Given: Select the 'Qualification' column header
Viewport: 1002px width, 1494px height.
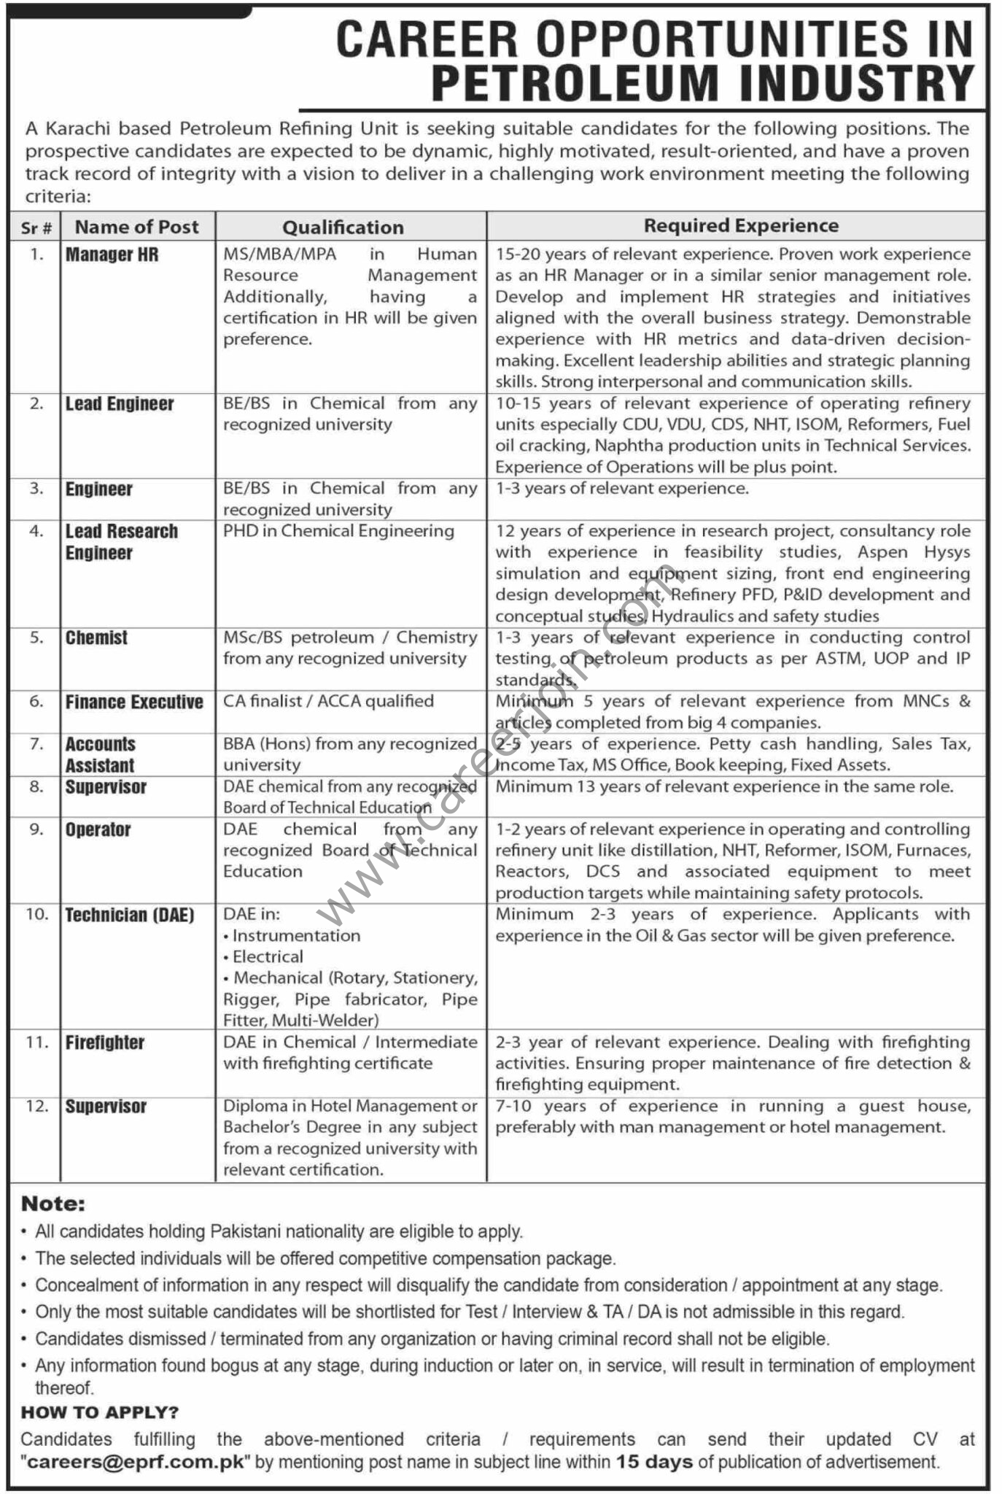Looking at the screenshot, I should point(343,228).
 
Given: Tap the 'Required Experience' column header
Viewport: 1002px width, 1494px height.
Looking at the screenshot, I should point(741,226).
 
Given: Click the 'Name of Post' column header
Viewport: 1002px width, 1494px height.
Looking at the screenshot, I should point(136,227).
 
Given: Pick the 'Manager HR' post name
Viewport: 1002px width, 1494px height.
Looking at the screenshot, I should point(112,255).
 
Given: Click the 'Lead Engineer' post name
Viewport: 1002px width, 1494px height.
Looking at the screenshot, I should point(120,404).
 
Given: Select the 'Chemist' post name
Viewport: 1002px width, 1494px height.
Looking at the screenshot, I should point(96,638).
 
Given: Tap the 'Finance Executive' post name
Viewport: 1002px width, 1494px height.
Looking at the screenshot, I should point(134,703).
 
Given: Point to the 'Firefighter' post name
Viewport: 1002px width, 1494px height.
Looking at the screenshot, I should point(105,1043).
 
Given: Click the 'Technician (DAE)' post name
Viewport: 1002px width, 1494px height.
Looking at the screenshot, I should point(130,916).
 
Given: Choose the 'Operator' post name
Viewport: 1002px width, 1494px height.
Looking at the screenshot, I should point(98,830).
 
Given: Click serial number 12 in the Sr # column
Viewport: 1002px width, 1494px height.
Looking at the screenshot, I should point(36,1107).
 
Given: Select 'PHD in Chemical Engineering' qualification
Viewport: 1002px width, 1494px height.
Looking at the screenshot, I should point(338,531).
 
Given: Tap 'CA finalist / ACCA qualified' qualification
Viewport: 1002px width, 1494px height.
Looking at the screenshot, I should point(328,702).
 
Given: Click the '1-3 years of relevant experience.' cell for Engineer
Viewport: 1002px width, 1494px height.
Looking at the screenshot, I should point(622,489).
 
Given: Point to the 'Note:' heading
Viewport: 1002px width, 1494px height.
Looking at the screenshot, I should point(53,1204).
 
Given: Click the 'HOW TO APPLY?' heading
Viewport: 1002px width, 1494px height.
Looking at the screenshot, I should point(99,1413).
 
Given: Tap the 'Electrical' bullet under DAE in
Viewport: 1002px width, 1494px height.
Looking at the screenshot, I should point(268,957).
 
